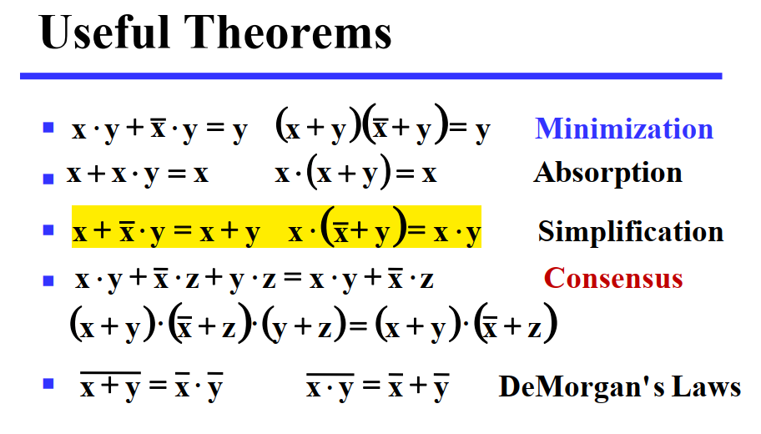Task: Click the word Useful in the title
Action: coord(104,32)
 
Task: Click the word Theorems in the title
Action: coord(288,32)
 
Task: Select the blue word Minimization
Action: coord(624,129)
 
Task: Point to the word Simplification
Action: coord(631,231)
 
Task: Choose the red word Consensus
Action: coord(613,279)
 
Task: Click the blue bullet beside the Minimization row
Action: coord(48,128)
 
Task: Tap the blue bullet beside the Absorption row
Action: coord(48,179)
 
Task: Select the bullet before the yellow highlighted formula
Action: coord(48,230)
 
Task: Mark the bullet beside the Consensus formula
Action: coord(48,280)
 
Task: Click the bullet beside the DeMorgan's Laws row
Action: coord(48,384)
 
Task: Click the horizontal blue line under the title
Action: coord(370,76)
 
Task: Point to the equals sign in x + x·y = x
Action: coord(177,174)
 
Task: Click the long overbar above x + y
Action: coord(110,373)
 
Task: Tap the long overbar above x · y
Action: coord(330,374)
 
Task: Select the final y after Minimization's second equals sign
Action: coord(482,131)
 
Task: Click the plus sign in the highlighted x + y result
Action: coord(229,231)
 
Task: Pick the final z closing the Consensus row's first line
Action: coord(426,281)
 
